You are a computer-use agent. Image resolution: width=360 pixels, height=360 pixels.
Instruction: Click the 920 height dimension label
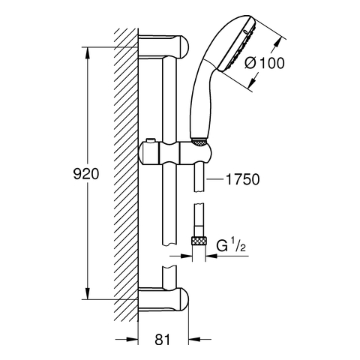tap(86, 174)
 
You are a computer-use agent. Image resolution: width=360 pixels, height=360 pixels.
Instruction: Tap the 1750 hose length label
tap(242, 179)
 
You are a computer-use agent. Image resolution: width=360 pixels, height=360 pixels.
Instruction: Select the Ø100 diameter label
tap(265, 63)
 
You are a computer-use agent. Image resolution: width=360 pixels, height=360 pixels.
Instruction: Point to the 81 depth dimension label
tap(162, 340)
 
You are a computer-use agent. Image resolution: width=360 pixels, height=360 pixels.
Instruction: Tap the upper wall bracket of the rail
tap(163, 46)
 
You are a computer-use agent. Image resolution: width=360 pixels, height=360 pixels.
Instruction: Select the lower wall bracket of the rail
tap(163, 299)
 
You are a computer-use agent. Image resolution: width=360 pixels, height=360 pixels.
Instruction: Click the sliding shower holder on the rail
tap(175, 154)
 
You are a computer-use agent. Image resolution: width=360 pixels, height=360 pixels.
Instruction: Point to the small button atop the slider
tap(151, 141)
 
